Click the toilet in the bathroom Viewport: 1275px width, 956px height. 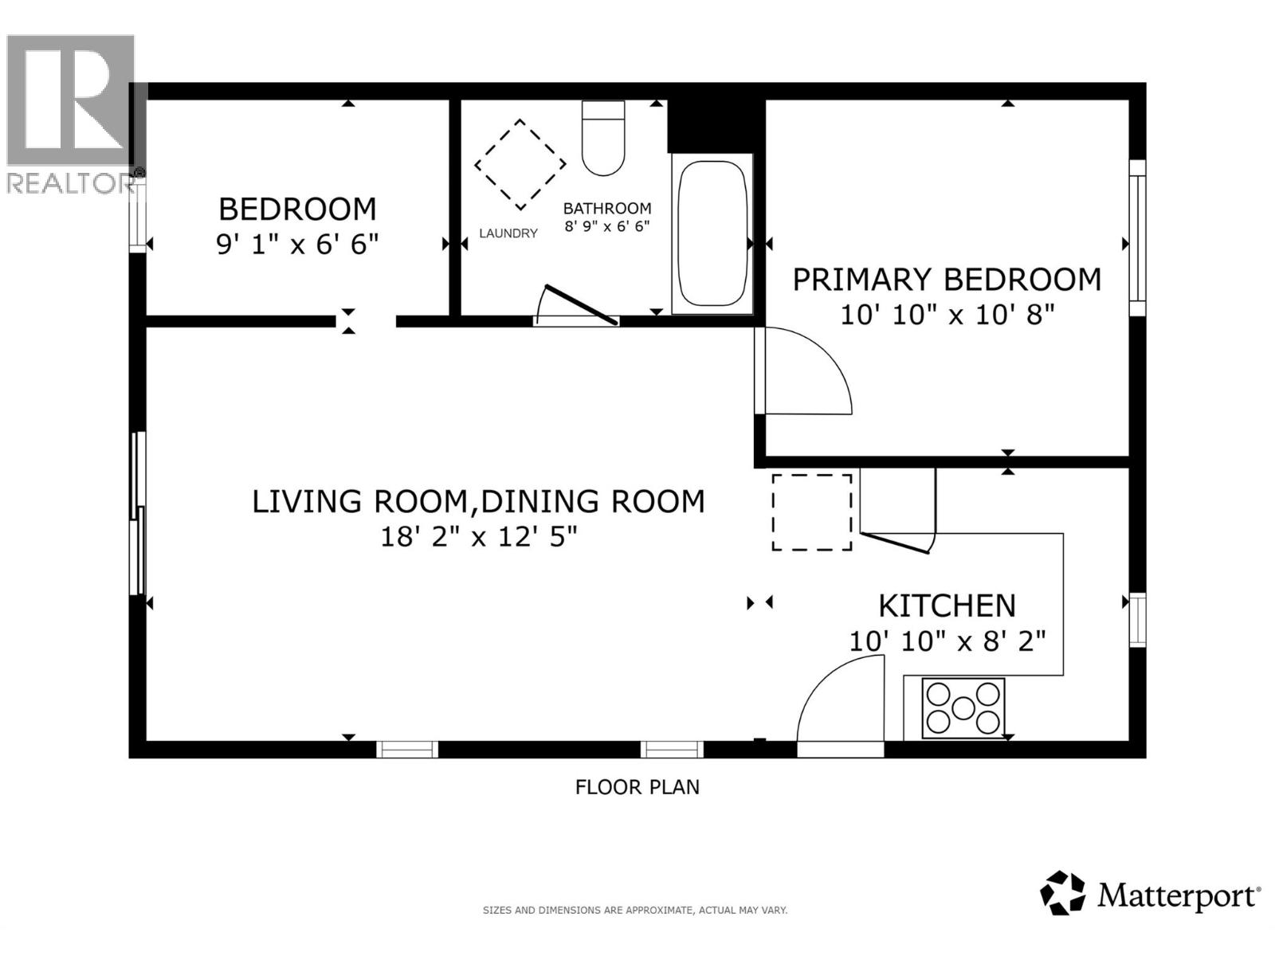point(603,139)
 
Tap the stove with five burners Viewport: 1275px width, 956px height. point(963,707)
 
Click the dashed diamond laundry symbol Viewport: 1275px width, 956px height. point(520,165)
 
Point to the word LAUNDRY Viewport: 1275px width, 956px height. point(508,233)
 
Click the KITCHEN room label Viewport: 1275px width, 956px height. point(947,606)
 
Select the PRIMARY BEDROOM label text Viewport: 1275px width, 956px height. point(947,280)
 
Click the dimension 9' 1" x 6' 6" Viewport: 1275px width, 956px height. point(297,244)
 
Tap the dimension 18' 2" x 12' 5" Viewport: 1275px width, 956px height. point(478,537)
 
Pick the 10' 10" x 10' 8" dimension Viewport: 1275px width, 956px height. point(947,315)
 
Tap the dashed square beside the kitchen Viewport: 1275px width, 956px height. point(811,512)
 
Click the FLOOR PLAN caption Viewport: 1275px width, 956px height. point(637,787)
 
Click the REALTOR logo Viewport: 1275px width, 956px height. point(70,112)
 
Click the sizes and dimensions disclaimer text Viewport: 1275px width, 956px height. point(634,910)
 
